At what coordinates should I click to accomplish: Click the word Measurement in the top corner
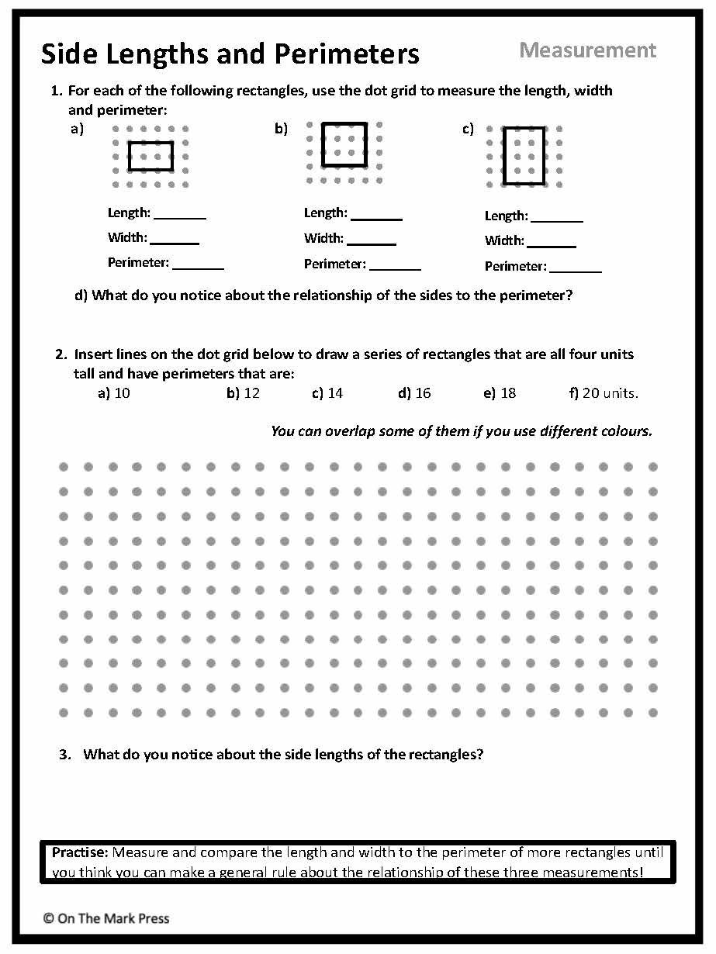click(587, 50)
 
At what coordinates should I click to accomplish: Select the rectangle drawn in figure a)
click(150, 156)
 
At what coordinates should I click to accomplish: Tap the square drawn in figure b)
click(344, 144)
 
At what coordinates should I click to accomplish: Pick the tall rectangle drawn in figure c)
click(524, 156)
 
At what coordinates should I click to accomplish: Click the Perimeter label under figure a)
click(138, 263)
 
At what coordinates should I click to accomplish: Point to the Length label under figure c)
click(506, 216)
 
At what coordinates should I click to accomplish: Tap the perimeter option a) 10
click(114, 393)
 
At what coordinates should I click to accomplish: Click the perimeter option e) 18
click(500, 393)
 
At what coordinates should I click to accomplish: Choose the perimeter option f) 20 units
click(604, 393)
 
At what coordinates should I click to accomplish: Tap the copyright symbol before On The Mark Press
click(48, 918)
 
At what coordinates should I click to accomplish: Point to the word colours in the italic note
click(624, 431)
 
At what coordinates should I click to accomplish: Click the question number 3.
click(65, 754)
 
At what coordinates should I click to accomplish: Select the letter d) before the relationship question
click(81, 296)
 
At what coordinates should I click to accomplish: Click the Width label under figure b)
click(323, 239)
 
